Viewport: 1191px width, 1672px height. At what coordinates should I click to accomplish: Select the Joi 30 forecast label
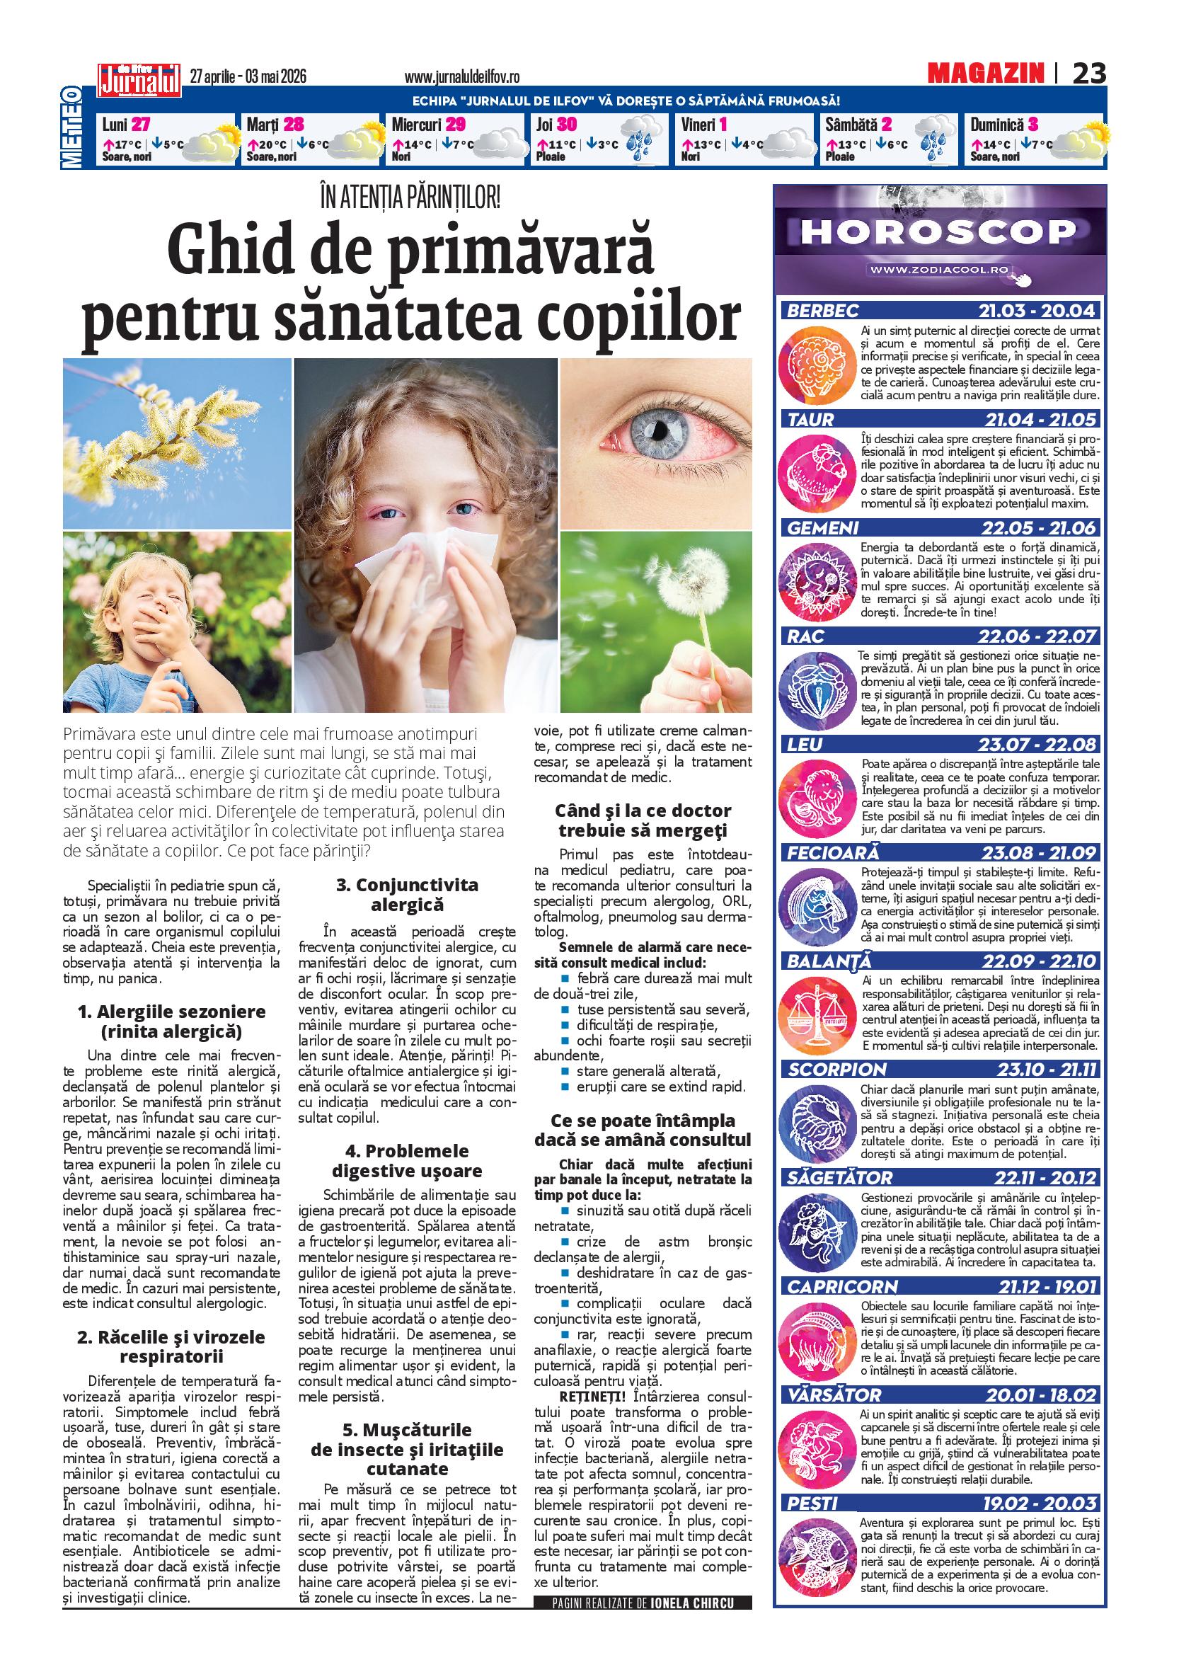[x=556, y=124]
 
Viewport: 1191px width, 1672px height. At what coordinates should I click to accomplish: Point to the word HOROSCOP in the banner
[x=933, y=232]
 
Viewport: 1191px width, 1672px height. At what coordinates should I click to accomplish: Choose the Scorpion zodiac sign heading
[x=827, y=1069]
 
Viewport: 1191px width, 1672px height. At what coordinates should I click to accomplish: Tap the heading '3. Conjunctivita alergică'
[x=407, y=894]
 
